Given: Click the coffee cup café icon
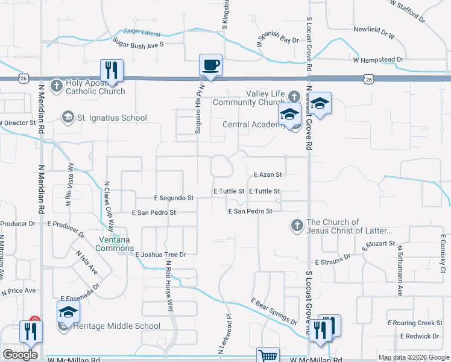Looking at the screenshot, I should [x=210, y=65].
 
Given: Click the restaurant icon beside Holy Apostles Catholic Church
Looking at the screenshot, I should [x=112, y=70].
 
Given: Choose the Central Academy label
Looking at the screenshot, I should [x=254, y=125].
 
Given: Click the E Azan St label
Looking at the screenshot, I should [x=268, y=175].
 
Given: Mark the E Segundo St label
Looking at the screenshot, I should [x=173, y=197].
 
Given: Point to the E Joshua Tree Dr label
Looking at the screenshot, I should [x=160, y=255].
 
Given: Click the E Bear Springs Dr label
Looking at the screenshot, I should [x=274, y=311].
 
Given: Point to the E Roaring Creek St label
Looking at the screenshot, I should [x=415, y=323].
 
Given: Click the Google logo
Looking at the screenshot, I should [x=20, y=355].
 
